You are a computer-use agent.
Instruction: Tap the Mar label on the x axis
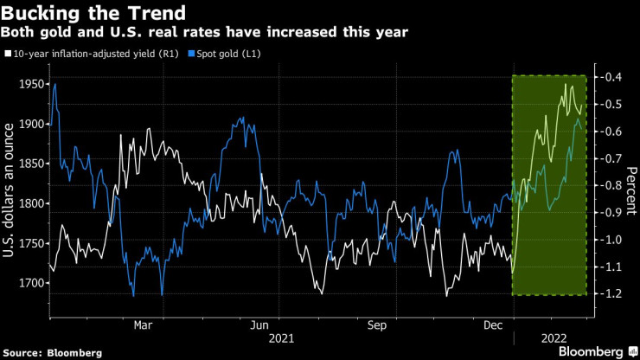[144, 325]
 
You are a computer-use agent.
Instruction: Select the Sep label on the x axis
[376, 325]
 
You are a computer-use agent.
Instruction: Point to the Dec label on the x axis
[492, 325]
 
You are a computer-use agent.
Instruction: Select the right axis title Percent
[631, 190]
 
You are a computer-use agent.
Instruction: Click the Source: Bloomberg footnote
[52, 352]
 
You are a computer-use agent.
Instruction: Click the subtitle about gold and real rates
[206, 32]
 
